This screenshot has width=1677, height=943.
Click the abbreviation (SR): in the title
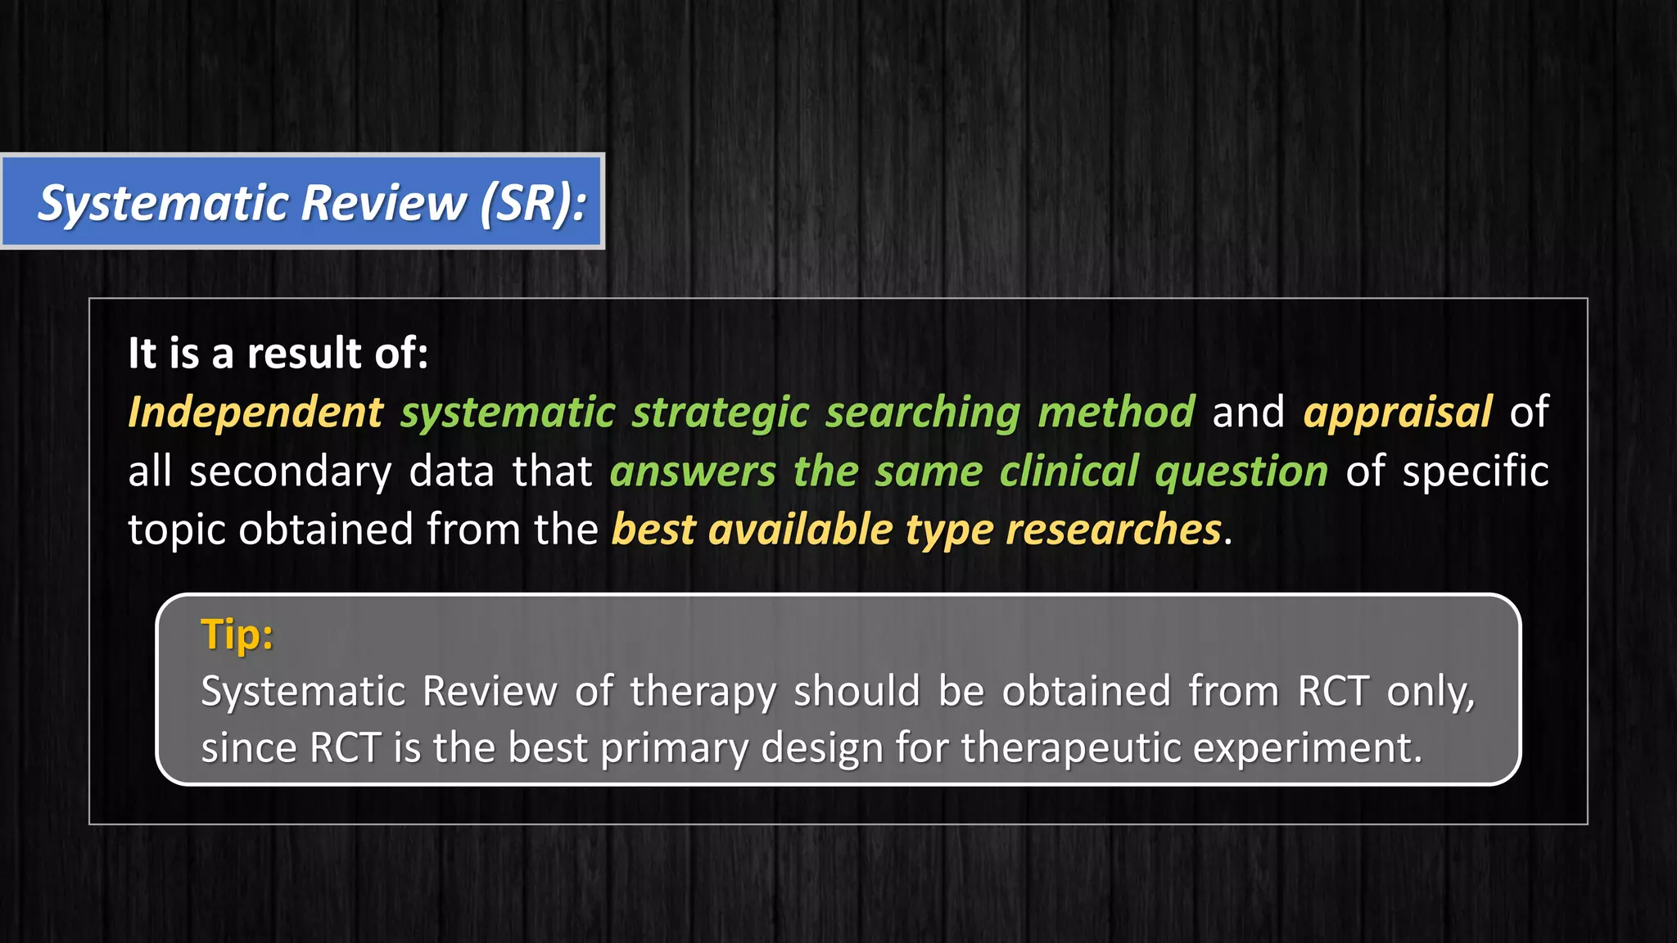(533, 203)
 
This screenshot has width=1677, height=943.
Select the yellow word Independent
(255, 412)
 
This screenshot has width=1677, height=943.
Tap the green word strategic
(721, 412)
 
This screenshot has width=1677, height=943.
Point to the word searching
(923, 412)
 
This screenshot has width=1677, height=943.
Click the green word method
(1116, 412)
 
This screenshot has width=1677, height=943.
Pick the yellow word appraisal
(1398, 412)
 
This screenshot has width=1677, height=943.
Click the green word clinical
(1069, 471)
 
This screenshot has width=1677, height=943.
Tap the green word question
(1241, 471)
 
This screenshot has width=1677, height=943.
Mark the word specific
(1475, 471)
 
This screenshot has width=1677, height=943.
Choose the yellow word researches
(1114, 530)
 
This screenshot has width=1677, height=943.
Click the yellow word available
(800, 530)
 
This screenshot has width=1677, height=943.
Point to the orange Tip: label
(237, 634)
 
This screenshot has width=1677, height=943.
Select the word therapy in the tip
(703, 692)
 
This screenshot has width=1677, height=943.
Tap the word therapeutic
(1069, 748)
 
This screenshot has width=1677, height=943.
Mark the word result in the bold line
(304, 354)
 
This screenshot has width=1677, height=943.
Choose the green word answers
(693, 471)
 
